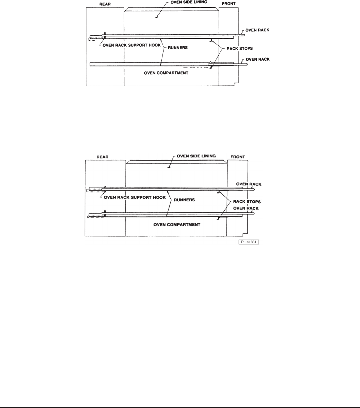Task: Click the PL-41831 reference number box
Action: (x=249, y=242)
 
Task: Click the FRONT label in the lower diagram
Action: (x=237, y=156)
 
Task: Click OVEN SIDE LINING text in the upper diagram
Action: (x=191, y=2)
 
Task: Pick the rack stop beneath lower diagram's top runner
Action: (x=219, y=193)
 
